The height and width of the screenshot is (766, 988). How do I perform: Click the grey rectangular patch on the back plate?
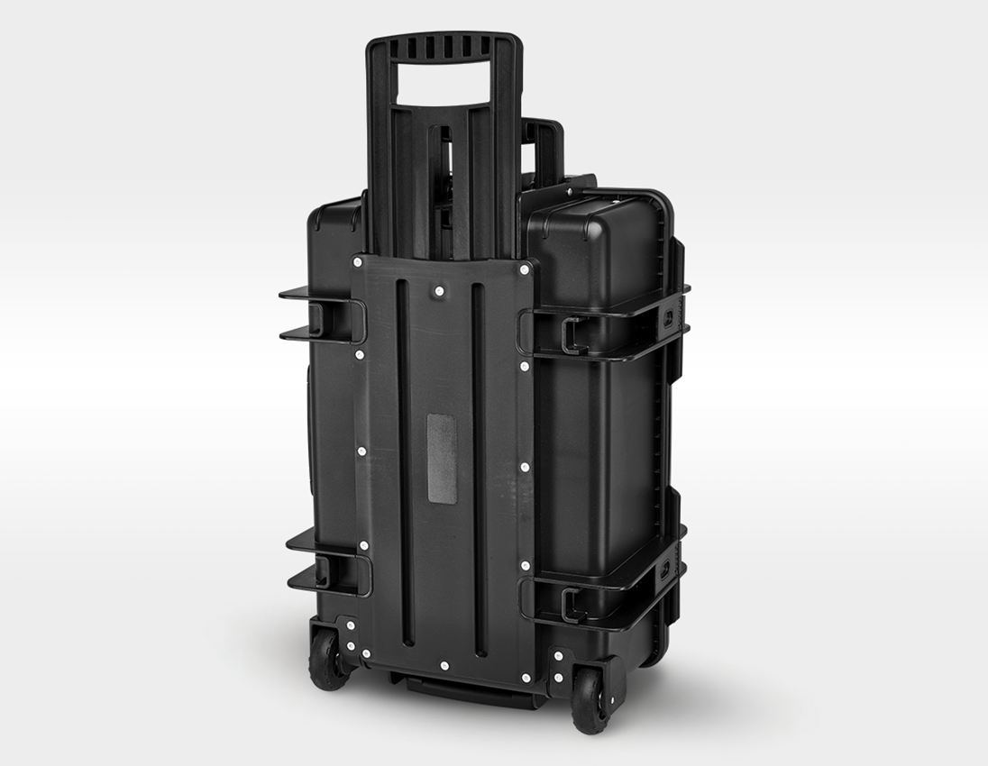pyautogui.click(x=442, y=459)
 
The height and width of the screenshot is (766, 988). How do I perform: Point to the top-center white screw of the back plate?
pyautogui.click(x=438, y=292)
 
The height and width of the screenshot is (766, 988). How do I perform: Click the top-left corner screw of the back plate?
pyautogui.click(x=359, y=261)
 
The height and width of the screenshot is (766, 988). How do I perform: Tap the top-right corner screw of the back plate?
pyautogui.click(x=524, y=268)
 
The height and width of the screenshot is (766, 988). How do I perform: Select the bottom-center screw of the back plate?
pyautogui.click(x=443, y=666)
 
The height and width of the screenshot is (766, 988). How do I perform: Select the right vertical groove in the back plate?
pyautogui.click(x=480, y=469)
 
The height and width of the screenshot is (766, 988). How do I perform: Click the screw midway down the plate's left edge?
pyautogui.click(x=361, y=451)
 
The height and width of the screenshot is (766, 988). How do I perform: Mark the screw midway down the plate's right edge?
pyautogui.click(x=526, y=467)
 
